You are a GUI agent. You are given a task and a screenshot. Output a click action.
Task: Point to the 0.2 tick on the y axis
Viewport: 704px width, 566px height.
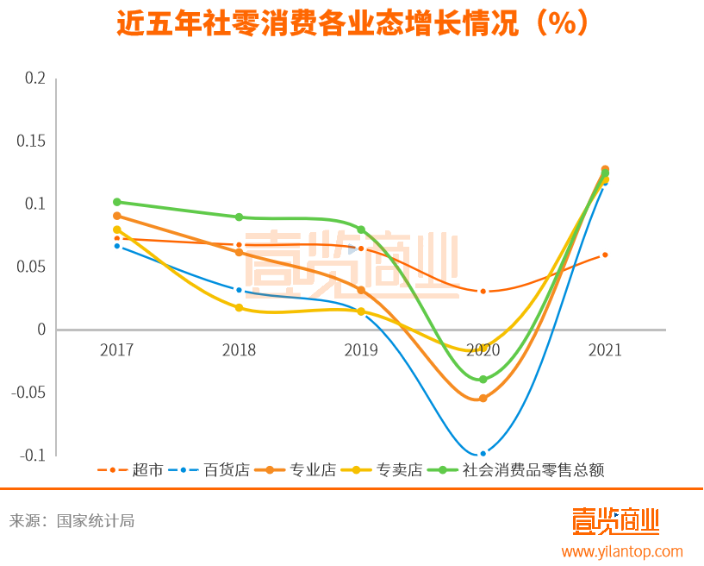pyautogui.click(x=34, y=78)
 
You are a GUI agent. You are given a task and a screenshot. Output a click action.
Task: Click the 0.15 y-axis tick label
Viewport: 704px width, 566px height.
pyautogui.click(x=31, y=141)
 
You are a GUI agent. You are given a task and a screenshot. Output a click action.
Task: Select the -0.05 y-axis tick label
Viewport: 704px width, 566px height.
pyautogui.click(x=28, y=393)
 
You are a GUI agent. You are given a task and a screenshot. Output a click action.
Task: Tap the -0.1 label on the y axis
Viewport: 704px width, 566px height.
pyautogui.click(x=31, y=456)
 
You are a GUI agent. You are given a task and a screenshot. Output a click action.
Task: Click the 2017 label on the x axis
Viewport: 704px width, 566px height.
pyautogui.click(x=117, y=350)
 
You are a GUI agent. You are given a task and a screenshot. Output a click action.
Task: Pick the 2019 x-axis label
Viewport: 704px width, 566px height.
pyautogui.click(x=361, y=350)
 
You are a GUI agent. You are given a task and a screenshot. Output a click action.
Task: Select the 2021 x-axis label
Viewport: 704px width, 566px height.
pyautogui.click(x=605, y=350)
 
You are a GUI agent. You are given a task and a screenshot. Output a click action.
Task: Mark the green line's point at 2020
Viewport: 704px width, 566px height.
pyautogui.click(x=483, y=380)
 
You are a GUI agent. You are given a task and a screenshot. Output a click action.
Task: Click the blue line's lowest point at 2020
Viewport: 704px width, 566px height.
pyautogui.click(x=483, y=454)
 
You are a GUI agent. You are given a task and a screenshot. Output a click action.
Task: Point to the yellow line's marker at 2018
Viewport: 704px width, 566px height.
pyautogui.click(x=240, y=308)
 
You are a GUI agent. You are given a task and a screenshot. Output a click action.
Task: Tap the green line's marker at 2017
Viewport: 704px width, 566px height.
pyautogui.click(x=117, y=202)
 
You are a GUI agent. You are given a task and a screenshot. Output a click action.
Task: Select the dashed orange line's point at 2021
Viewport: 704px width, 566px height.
pyautogui.click(x=606, y=255)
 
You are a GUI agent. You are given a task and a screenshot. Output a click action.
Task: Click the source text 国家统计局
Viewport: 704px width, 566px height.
pyautogui.click(x=95, y=521)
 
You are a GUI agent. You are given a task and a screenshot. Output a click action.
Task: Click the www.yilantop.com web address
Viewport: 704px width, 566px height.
pyautogui.click(x=622, y=551)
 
